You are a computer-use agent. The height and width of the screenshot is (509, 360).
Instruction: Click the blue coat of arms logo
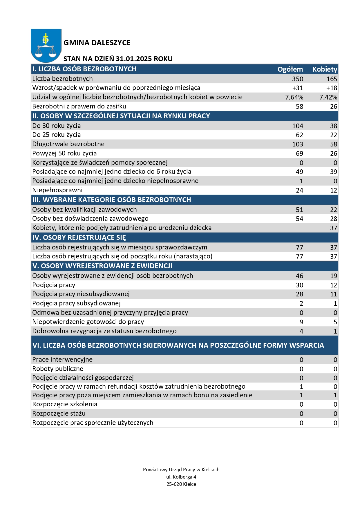tap(46, 45)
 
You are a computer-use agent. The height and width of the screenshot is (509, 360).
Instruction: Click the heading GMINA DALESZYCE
tap(97, 43)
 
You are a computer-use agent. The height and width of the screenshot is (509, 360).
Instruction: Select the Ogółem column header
tap(290, 69)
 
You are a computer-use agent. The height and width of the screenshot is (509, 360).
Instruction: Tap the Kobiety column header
tap(325, 69)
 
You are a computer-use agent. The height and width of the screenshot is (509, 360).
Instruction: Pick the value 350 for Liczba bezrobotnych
tap(298, 79)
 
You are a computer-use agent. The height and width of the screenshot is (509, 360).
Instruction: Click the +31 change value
tap(298, 88)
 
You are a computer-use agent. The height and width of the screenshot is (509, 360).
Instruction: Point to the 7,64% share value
tap(294, 97)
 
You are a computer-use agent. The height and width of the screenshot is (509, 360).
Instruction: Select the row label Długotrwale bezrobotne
tap(68, 144)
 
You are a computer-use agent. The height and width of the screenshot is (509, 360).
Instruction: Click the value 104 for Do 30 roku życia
tap(298, 126)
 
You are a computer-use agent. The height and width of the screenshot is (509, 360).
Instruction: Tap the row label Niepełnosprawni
tap(57, 190)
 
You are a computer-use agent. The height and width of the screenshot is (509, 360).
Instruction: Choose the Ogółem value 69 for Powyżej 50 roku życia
tap(299, 153)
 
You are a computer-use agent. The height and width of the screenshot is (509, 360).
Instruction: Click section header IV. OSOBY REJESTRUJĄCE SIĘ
tap(79, 238)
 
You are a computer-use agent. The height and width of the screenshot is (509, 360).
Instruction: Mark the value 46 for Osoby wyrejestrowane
tap(299, 276)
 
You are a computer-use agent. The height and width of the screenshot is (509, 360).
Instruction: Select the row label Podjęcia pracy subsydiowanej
tap(76, 303)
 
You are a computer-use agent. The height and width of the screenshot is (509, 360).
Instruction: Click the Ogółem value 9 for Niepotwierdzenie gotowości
tap(301, 322)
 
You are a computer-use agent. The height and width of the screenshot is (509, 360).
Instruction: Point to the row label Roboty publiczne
tap(58, 369)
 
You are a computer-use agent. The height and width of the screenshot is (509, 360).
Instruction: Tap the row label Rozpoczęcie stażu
tap(59, 414)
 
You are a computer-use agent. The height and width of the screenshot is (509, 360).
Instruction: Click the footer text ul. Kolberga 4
tap(181, 477)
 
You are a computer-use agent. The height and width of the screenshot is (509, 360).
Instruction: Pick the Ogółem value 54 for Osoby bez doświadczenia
tap(299, 219)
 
